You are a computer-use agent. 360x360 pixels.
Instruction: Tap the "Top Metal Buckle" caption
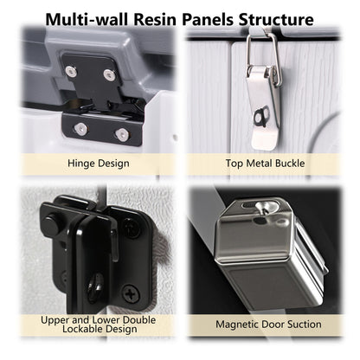pos(269,161)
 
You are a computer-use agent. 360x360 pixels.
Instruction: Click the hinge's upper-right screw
pos(109,74)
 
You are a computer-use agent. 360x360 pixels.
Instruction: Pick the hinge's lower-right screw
pos(122,134)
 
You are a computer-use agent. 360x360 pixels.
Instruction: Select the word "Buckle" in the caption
pos(299,161)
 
